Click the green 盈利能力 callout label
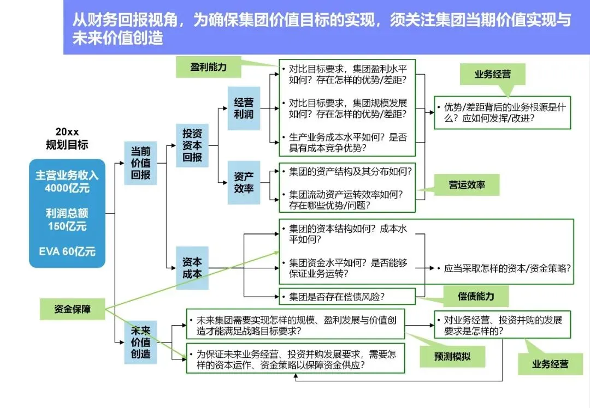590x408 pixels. (x=209, y=67)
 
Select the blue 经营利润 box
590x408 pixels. (x=244, y=108)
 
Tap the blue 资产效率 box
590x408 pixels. (x=244, y=183)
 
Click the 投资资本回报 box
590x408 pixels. (x=192, y=146)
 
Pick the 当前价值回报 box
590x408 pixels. (x=140, y=163)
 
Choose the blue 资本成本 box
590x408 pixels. (x=192, y=268)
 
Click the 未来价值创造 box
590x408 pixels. (x=140, y=342)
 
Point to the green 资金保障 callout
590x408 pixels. (x=72, y=309)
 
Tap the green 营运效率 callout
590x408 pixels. (x=467, y=185)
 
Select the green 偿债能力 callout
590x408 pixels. (x=476, y=296)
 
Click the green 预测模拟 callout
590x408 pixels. (x=452, y=357)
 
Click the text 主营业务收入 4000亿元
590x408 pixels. (x=67, y=182)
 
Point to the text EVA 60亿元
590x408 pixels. (x=67, y=251)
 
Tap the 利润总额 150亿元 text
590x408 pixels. (x=67, y=220)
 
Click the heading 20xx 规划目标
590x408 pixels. (x=67, y=138)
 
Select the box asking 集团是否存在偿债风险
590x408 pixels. (x=347, y=296)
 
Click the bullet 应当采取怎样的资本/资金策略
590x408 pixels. (x=504, y=268)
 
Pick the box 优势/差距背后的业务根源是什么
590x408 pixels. (x=503, y=113)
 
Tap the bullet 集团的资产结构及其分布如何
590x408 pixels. (x=347, y=172)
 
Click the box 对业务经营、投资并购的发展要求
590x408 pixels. (x=503, y=325)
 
